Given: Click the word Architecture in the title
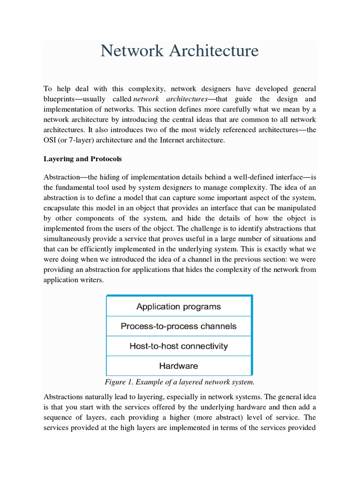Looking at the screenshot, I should pyautogui.click(x=215, y=51).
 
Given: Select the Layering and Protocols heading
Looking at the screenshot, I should pyautogui.click(x=82, y=159).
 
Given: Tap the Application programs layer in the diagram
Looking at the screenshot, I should pyautogui.click(x=179, y=307).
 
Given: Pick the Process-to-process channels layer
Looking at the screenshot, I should pyautogui.click(x=179, y=326).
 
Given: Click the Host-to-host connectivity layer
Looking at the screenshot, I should pyautogui.click(x=179, y=346).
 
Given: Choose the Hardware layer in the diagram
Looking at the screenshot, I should pyautogui.click(x=179, y=366).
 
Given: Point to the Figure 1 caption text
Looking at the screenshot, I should pyautogui.click(x=180, y=382).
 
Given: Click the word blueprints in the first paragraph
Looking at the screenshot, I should pyautogui.click(x=61, y=99).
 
